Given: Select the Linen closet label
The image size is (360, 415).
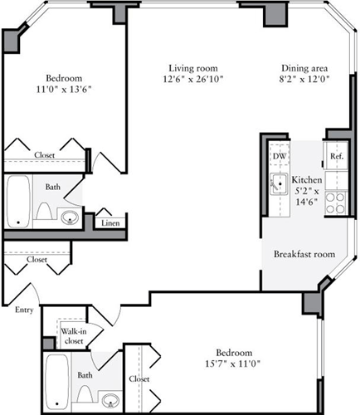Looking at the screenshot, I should point(109,222).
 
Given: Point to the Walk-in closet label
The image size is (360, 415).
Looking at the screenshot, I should point(74,335).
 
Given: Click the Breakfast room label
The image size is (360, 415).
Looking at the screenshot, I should point(304,254).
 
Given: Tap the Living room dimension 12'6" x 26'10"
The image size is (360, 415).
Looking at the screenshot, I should point(196,80).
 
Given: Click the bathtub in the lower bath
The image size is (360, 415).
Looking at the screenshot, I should point(56,382).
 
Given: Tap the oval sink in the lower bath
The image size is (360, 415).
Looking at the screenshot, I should point(109,402).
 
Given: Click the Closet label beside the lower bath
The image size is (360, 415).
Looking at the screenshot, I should point(139,379).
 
